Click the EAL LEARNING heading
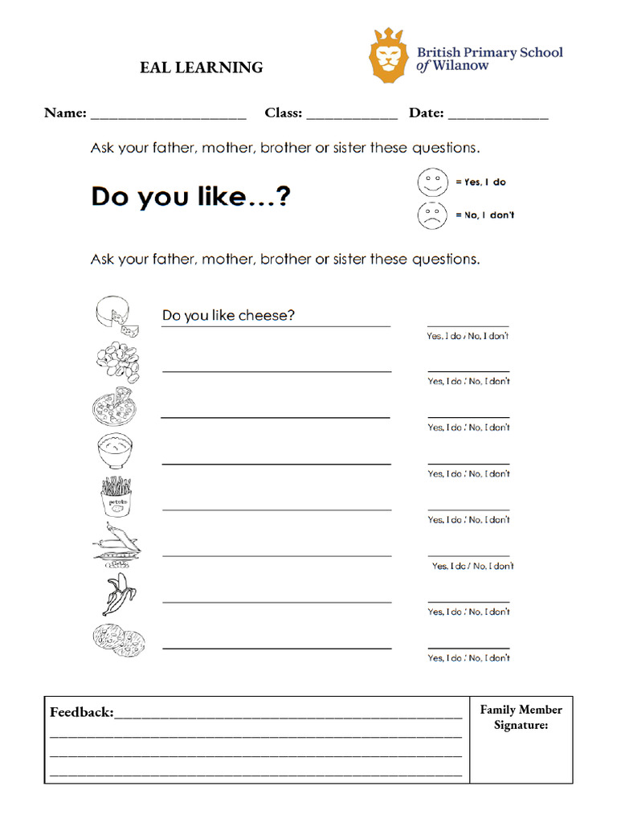pos(201,68)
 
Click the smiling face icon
pos(432,182)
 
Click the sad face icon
pos(432,215)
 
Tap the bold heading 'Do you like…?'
pos(190,197)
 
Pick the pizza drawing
pos(113,407)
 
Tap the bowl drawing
pos(115,451)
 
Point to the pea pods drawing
pos(116,543)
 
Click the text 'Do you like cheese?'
pos(228,316)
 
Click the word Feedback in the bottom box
pos(81,712)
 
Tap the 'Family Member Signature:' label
pos(521,718)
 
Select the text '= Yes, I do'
pos(481,182)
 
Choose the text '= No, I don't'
pos(485,215)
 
